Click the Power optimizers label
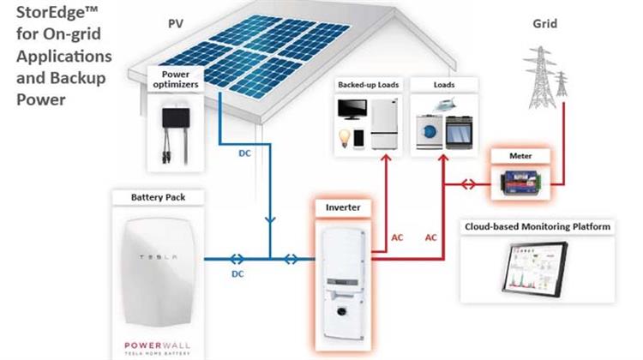point(176,79)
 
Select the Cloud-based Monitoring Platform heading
point(538,227)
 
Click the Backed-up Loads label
point(366,86)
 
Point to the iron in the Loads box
point(426,104)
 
